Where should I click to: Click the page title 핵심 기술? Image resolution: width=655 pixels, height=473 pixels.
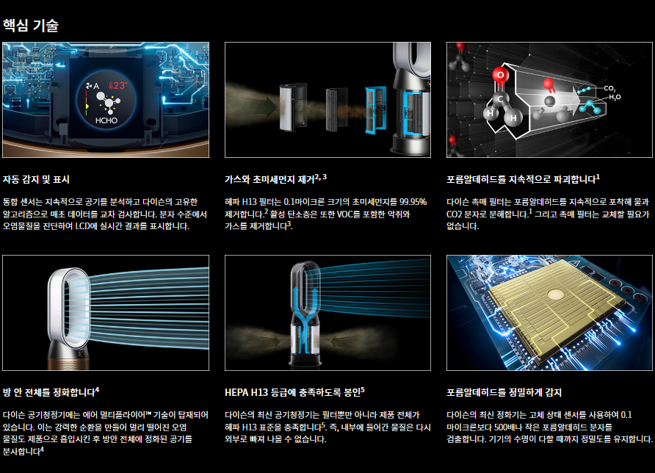pyautogui.click(x=31, y=26)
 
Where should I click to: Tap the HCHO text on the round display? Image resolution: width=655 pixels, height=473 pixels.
pyautogui.click(x=106, y=120)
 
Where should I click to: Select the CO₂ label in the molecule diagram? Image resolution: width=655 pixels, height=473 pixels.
pyautogui.click(x=609, y=89)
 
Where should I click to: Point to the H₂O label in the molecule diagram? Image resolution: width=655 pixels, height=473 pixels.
pyautogui.click(x=615, y=98)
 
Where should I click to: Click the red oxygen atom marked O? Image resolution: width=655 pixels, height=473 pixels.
pyautogui.click(x=500, y=75)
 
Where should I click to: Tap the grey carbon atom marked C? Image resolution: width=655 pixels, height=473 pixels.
pyautogui.click(x=499, y=99)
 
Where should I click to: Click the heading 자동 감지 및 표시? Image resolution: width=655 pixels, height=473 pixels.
pyautogui.click(x=36, y=180)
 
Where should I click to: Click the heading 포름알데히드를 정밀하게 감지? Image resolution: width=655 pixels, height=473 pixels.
pyautogui.click(x=504, y=392)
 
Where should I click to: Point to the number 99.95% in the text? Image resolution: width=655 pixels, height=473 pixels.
pyautogui.click(x=413, y=202)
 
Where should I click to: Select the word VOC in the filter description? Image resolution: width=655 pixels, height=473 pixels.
pyautogui.click(x=344, y=214)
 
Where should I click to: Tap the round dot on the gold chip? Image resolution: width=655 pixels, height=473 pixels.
pyautogui.click(x=556, y=295)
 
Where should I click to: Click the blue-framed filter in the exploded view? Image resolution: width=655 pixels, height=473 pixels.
pyautogui.click(x=375, y=109)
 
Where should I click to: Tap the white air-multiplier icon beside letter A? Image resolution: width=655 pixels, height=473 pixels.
pyautogui.click(x=89, y=86)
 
